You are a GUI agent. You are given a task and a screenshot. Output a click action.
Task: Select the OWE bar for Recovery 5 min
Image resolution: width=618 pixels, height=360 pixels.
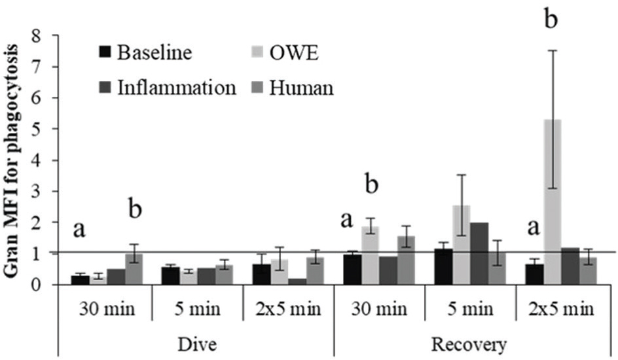click(x=462, y=245)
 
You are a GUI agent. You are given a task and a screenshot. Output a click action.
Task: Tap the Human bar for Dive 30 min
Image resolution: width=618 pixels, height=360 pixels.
click(x=134, y=269)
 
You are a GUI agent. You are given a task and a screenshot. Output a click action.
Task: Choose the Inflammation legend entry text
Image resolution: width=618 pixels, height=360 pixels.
click(x=175, y=87)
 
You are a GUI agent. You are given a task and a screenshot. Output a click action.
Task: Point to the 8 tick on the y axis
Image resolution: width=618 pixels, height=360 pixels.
click(x=45, y=36)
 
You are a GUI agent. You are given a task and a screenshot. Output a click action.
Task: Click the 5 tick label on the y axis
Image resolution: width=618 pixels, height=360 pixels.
click(x=45, y=130)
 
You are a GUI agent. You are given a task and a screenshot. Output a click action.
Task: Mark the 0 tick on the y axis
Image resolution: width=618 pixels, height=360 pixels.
click(x=45, y=285)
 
